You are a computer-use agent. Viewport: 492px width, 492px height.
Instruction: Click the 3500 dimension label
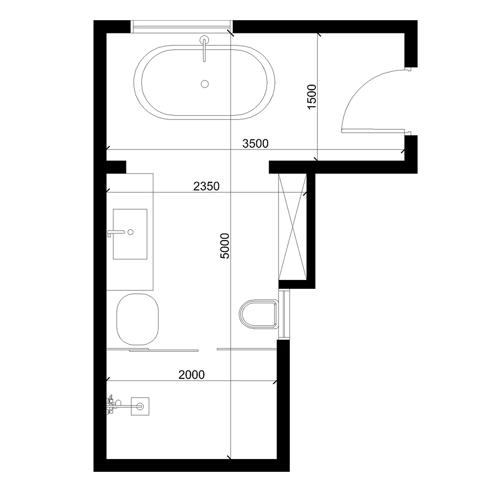coord(255,144)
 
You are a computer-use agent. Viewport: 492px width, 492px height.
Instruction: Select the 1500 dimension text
coord(312,96)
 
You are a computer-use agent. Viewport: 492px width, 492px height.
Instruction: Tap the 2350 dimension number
coord(206,186)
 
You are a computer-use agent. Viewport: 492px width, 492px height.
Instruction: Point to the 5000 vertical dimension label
coord(225,246)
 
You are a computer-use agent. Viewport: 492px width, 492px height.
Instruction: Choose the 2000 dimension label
coord(191,374)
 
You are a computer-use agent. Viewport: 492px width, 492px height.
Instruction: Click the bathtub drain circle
coord(205,84)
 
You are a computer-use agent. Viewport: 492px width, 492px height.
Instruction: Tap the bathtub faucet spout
coord(204,49)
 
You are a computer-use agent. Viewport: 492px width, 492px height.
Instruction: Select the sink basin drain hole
coord(130,232)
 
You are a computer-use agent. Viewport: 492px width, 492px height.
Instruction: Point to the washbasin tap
coord(116,233)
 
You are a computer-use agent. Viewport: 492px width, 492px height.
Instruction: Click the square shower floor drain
coord(140,406)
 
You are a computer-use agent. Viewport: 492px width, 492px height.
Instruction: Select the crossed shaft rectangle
coord(292,226)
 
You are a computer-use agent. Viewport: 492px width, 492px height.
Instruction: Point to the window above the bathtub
coord(182,27)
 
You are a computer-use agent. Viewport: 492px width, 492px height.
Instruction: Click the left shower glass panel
coord(153,349)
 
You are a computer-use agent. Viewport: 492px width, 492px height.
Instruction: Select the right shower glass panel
coord(246,349)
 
